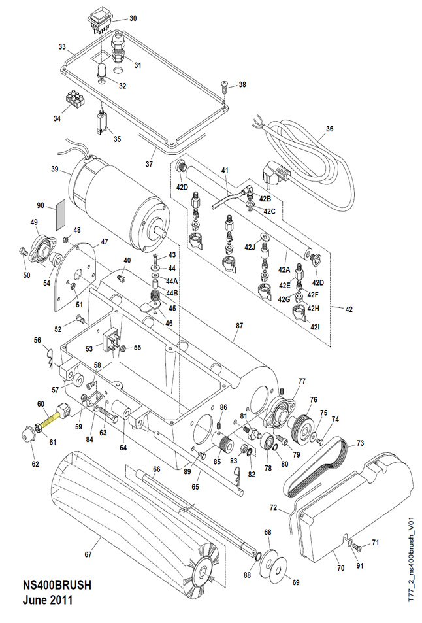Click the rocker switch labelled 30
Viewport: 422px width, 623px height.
click(102, 19)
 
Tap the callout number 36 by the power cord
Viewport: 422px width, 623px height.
click(329, 129)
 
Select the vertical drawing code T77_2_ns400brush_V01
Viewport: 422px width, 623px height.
click(411, 547)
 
